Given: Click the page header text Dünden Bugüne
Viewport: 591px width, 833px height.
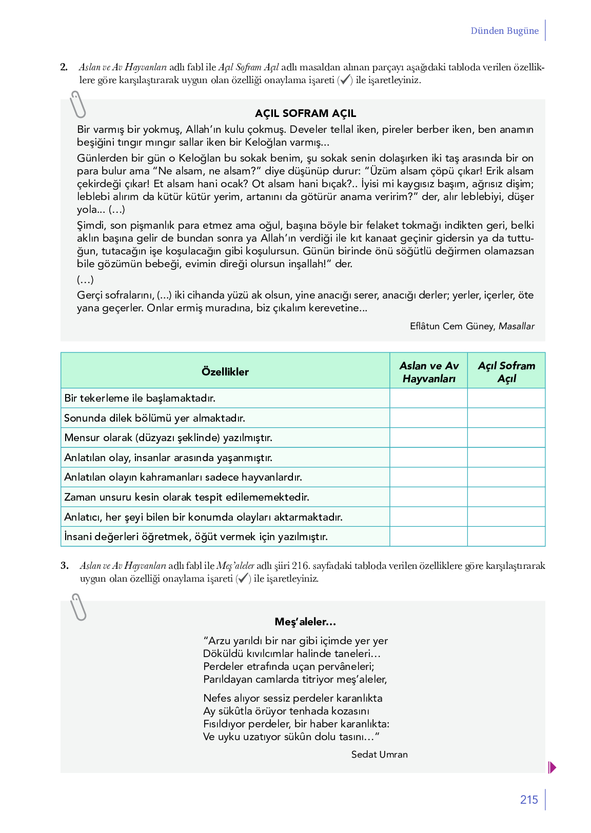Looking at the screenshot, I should pos(504,31).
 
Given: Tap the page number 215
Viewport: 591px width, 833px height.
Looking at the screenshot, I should pos(528,800).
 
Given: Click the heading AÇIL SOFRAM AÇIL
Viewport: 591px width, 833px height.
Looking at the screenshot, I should pos(305,113).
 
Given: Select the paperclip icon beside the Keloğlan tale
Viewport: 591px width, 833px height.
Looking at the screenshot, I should pos(78,105).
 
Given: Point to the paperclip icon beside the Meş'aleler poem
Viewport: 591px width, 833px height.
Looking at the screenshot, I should pos(78,607).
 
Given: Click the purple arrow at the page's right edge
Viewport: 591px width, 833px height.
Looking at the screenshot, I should pos(552,767).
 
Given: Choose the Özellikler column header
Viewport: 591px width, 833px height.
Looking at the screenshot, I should pos(225,372).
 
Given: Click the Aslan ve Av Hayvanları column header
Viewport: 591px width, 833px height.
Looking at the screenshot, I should pos(429,372).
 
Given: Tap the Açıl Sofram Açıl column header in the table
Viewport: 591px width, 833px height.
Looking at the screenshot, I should pos(506,372).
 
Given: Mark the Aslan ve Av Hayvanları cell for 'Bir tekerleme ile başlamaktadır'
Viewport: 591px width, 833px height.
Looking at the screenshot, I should pos(429,398).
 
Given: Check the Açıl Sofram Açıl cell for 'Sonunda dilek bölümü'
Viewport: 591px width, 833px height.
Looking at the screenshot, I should pos(506,418).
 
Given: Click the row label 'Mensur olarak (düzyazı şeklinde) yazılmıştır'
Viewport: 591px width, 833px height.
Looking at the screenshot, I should pos(168,438).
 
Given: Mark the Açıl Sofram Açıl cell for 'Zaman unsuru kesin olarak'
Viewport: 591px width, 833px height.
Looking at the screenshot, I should pos(506,497).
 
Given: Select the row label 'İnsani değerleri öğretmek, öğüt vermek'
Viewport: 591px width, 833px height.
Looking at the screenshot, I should pos(196,537).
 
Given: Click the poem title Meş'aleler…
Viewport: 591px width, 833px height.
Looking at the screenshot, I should pos(305,622).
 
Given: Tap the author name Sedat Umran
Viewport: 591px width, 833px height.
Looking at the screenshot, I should pos(380,755).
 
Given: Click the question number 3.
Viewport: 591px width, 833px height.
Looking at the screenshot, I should pos(64,566).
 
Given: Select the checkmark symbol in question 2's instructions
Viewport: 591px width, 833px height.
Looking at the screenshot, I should pos(345,80).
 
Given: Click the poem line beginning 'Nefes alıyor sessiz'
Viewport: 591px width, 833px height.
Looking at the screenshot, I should pos(292,698).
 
